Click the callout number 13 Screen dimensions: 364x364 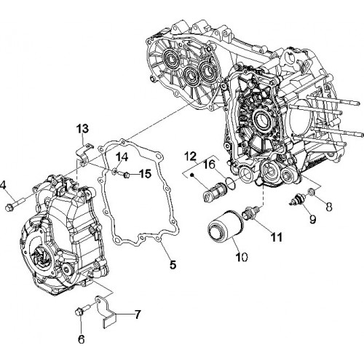(x=83, y=128)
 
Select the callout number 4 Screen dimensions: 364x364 (x=3, y=186)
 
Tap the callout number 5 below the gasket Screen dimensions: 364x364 (x=173, y=264)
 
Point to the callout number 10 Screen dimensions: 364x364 (x=242, y=256)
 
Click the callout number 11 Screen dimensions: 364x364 (x=277, y=237)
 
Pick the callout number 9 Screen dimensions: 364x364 (x=313, y=219)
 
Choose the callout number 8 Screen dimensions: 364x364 (x=329, y=207)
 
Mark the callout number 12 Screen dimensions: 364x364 (x=190, y=157)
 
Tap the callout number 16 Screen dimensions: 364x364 (x=210, y=165)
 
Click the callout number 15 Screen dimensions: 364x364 (x=146, y=174)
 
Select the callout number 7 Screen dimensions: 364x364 (x=138, y=314)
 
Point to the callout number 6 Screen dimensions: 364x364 (x=81, y=339)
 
